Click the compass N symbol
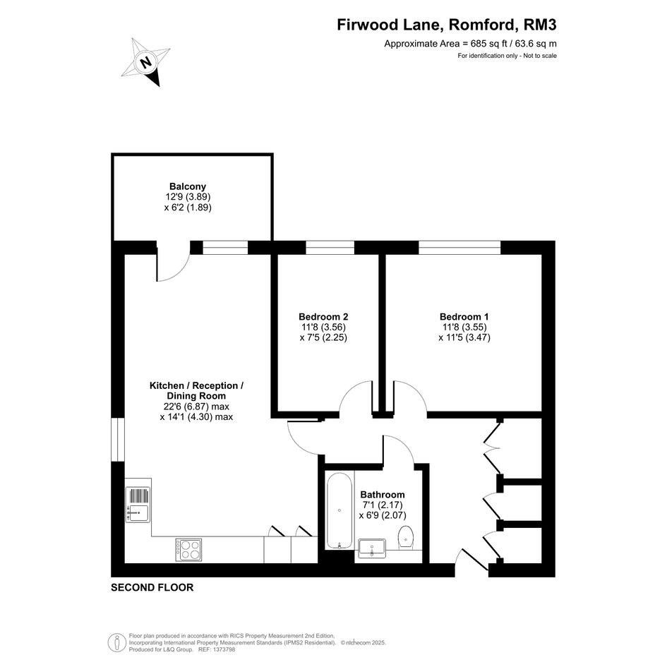(x=146, y=62)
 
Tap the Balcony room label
(x=188, y=186)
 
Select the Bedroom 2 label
(x=323, y=317)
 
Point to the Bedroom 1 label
(x=464, y=317)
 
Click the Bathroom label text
(x=383, y=495)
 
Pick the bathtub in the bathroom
(x=339, y=510)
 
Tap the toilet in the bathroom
(x=406, y=537)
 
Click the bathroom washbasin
(x=372, y=548)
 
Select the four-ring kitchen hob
(x=188, y=550)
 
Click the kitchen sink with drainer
(x=138, y=505)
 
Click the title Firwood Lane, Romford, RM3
(x=447, y=25)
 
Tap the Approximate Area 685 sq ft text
(x=471, y=43)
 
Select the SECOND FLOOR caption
(x=152, y=587)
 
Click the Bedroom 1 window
(x=459, y=248)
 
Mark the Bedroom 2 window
(x=330, y=248)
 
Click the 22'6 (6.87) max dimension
(x=196, y=407)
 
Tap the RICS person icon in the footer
(x=116, y=643)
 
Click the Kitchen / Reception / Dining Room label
(x=196, y=390)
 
